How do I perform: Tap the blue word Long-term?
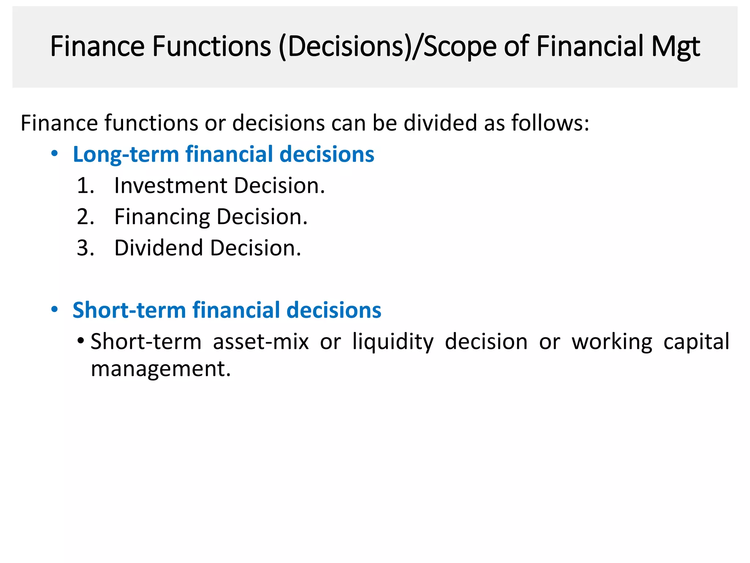click(x=126, y=154)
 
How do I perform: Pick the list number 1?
click(x=85, y=185)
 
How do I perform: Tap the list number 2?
click(x=85, y=217)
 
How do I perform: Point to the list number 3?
click(x=85, y=248)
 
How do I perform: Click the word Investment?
click(x=171, y=185)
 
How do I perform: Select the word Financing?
click(x=162, y=217)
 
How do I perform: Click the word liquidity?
click(x=393, y=342)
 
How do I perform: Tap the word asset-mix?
click(x=261, y=342)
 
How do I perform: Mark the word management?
click(x=161, y=369)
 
